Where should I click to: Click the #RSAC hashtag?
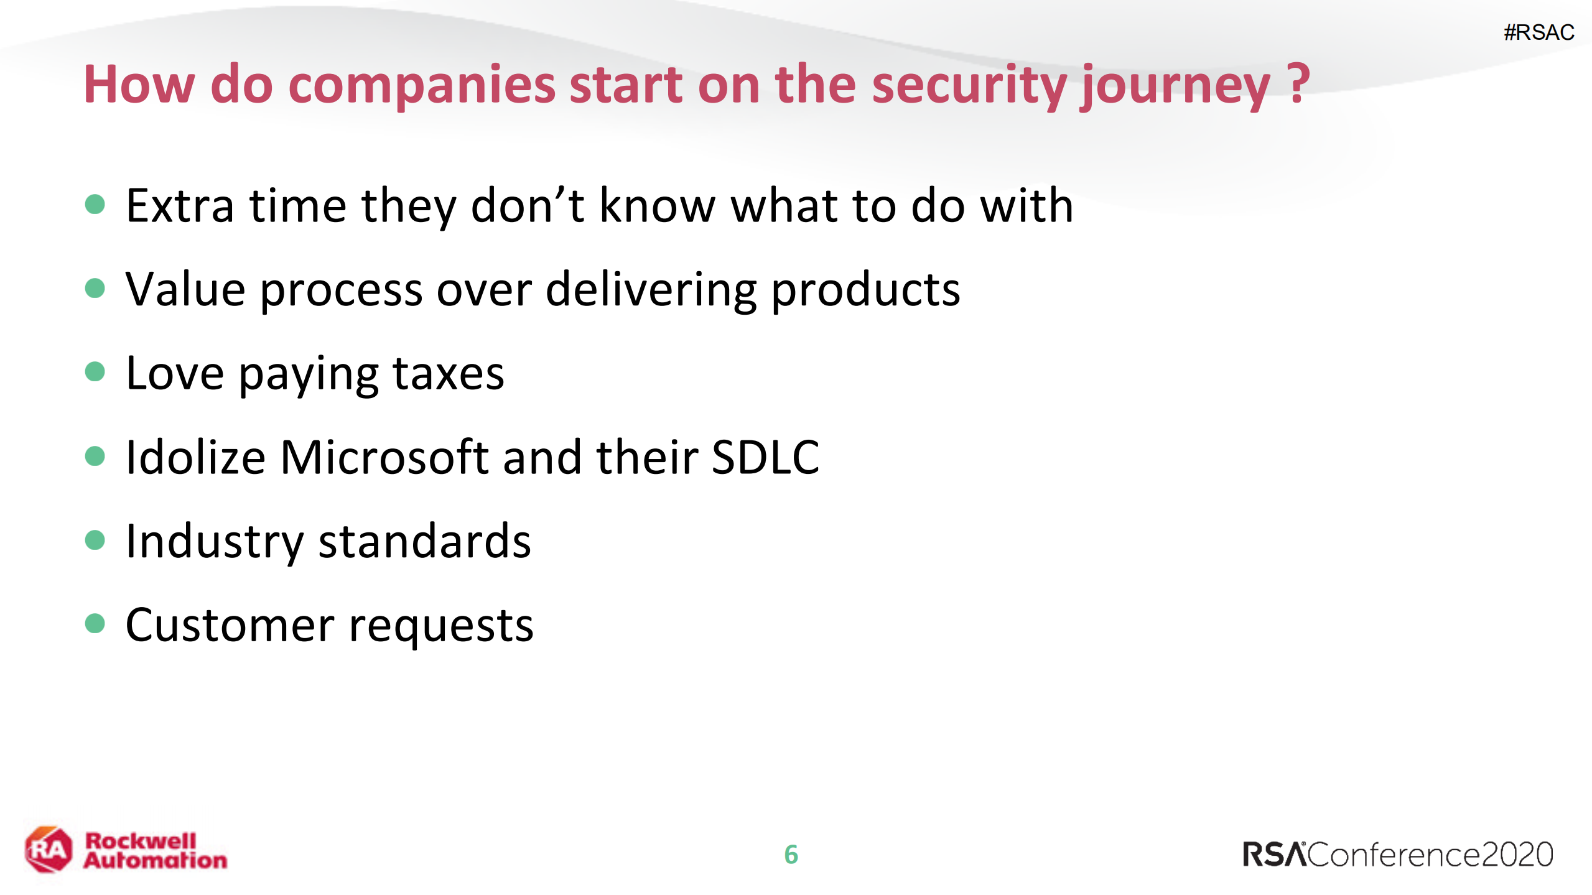pyautogui.click(x=1538, y=32)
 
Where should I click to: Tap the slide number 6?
pyautogui.click(x=791, y=855)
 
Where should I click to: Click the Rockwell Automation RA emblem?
pyautogui.click(x=49, y=850)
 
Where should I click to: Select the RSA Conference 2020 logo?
pyautogui.click(x=1397, y=855)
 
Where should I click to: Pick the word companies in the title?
pyautogui.click(x=422, y=86)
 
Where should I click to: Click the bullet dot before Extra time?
pyautogui.click(x=95, y=204)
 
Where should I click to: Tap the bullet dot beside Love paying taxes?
pyautogui.click(x=95, y=372)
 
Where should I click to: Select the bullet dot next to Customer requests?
pyautogui.click(x=95, y=623)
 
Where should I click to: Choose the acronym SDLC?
pyautogui.click(x=765, y=457)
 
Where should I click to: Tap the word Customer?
pyautogui.click(x=230, y=624)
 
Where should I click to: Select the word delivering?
pyautogui.click(x=651, y=290)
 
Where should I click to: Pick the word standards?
pyautogui.click(x=425, y=540)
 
